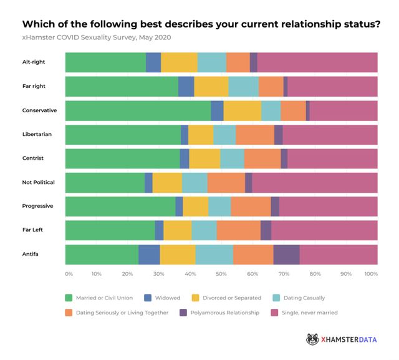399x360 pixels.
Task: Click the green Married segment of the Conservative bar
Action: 138,110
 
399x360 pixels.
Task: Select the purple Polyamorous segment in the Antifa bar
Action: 286,255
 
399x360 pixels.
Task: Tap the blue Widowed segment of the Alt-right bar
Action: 153,62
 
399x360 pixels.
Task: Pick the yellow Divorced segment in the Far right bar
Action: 211,87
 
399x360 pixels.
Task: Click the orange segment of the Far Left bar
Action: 239,230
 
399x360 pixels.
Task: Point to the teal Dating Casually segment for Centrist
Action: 232,158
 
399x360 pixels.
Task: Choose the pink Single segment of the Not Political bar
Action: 315,182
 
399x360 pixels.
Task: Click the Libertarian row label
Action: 37,135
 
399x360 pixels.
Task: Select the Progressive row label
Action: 37,207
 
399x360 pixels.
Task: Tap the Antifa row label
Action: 32,255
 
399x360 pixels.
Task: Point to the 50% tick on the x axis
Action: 220,273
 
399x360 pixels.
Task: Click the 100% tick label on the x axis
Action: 371,273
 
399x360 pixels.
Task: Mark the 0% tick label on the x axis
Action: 69,273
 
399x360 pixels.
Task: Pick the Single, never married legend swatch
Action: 274,312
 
